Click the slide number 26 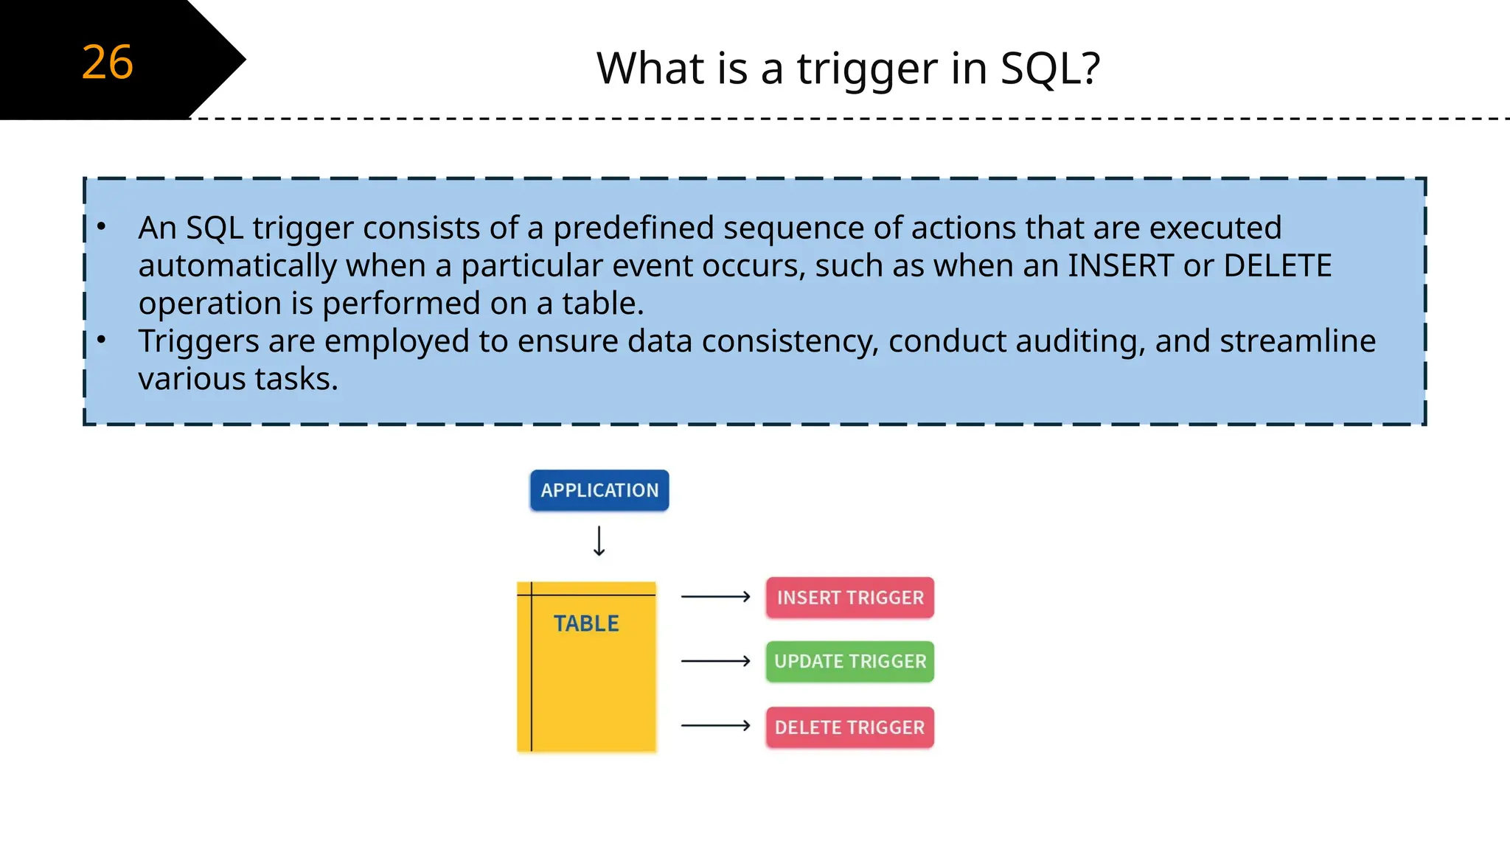click(108, 62)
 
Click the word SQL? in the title click(1050, 69)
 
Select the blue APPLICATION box click(599, 491)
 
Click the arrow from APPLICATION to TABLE click(599, 541)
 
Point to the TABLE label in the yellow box click(586, 623)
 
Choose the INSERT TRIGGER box click(850, 598)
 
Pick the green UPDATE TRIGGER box click(850, 662)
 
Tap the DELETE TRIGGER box click(850, 727)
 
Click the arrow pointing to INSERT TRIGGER click(715, 597)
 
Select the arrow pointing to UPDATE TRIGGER click(715, 661)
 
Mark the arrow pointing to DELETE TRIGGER click(715, 726)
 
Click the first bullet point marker click(102, 226)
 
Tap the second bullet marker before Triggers click(102, 340)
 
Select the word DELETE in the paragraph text click(1277, 266)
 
